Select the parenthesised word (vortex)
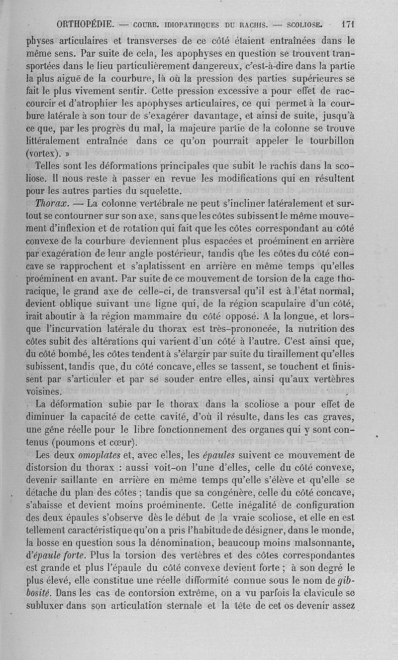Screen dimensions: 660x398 click(46, 153)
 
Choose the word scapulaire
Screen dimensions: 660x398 click(287, 302)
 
